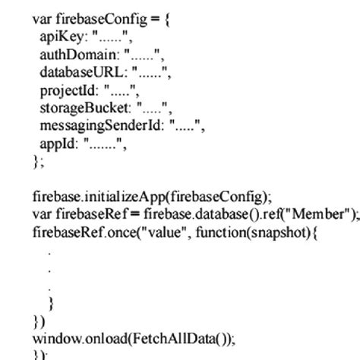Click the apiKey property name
62,37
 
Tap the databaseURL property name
81,72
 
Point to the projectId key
68,90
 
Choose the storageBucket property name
84,108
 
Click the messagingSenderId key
100,126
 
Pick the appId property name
58,144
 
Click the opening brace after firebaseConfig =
167,20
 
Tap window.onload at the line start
80,339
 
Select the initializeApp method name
125,197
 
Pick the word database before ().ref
222,214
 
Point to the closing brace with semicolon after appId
39,162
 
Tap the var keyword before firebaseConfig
42,20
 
